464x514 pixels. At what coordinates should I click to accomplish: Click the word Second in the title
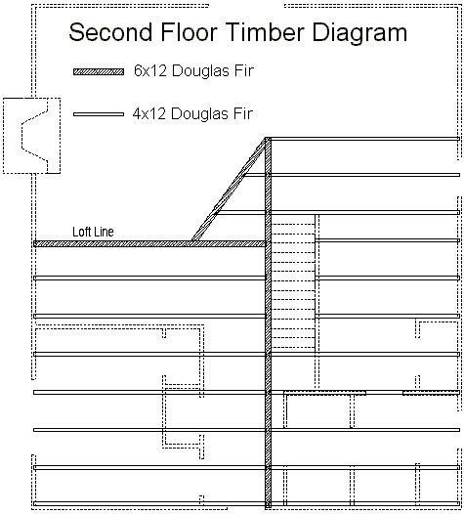point(110,32)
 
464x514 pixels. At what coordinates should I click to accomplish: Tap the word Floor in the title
point(190,32)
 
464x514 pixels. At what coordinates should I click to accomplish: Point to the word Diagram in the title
point(359,33)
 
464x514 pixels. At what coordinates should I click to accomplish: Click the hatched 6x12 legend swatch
point(99,71)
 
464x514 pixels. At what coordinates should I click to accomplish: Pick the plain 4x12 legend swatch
point(99,114)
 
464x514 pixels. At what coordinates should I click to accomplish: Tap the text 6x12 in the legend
point(150,70)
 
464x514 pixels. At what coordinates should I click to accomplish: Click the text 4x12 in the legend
point(149,113)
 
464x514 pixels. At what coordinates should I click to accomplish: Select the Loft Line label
point(93,232)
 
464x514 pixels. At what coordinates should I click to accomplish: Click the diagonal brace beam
point(229,190)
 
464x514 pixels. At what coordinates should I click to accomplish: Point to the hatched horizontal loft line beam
point(149,244)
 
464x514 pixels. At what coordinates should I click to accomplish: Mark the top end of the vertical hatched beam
point(268,138)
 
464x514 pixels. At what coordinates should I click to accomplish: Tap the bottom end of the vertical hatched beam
point(268,507)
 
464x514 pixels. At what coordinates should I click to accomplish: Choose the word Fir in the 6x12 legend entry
point(244,70)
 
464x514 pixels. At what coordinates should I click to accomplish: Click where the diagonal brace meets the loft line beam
point(195,241)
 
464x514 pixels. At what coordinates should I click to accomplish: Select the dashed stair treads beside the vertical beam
point(294,285)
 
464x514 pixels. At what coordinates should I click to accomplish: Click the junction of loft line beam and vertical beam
point(268,244)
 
